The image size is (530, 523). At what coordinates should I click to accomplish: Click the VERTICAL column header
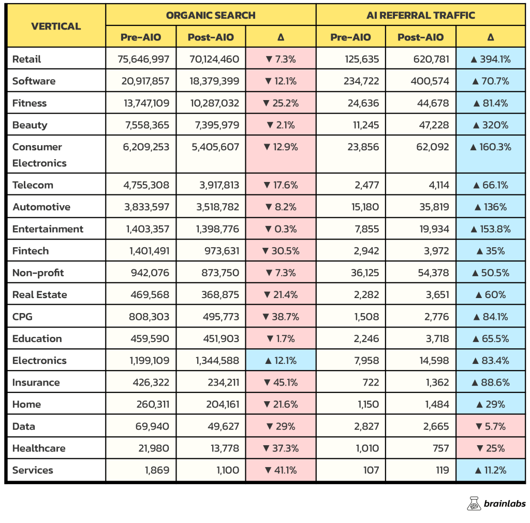56,26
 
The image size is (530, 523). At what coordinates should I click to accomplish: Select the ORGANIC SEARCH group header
211,15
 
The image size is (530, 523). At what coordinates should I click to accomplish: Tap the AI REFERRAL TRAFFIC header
420,15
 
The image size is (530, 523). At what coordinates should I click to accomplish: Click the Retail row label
27,59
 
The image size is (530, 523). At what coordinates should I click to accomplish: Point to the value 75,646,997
143,59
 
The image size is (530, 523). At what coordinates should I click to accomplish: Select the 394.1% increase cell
491,59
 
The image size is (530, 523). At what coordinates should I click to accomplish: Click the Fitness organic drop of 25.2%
281,103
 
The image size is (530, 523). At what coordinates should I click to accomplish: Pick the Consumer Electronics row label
39,154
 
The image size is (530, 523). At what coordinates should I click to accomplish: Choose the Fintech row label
31,251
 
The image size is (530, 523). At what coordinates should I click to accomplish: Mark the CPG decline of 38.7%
281,317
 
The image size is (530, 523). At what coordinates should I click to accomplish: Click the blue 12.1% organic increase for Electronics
281,361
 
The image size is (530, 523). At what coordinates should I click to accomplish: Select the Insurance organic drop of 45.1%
281,383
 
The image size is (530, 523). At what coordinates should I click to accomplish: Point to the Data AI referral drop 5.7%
491,426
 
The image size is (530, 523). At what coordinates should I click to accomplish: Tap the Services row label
33,470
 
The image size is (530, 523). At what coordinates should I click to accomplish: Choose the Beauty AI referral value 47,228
434,125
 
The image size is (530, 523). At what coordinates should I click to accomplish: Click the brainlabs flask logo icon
474,503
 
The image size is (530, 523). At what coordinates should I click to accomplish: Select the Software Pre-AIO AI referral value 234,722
361,81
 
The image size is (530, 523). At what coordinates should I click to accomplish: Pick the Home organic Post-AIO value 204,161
223,404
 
